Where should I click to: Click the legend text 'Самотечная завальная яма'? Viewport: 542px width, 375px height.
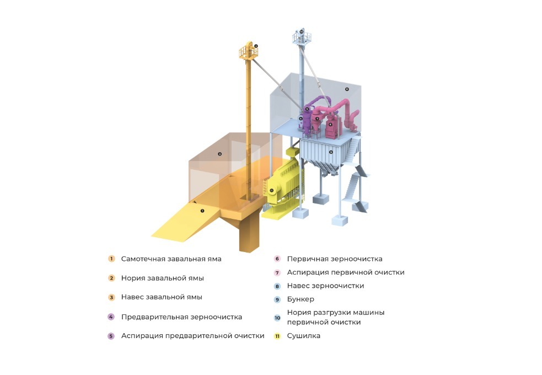click(x=171, y=259)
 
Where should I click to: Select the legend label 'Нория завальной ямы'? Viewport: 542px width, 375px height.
click(x=163, y=278)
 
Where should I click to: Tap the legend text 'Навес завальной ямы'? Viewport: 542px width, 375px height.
click(x=162, y=297)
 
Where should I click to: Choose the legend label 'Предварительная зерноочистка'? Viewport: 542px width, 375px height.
click(x=181, y=317)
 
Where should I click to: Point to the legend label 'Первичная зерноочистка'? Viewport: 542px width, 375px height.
click(x=335, y=259)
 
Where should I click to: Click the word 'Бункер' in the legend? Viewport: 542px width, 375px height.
click(x=300, y=299)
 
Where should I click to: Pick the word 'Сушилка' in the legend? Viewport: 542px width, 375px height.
click(x=303, y=336)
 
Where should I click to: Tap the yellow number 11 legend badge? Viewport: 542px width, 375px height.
click(x=277, y=336)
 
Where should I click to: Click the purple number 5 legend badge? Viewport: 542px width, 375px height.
click(x=111, y=336)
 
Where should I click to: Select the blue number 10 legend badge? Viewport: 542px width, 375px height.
click(x=277, y=318)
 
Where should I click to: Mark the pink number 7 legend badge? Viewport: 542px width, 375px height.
click(x=277, y=272)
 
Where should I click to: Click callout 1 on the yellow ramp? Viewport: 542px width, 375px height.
click(x=202, y=211)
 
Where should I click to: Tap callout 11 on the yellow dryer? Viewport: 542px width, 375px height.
click(x=272, y=190)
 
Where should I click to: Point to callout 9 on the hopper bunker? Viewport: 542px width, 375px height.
click(x=331, y=152)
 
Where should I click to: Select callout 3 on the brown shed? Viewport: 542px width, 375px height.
click(x=219, y=154)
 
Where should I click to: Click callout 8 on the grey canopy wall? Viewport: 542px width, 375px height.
click(x=347, y=89)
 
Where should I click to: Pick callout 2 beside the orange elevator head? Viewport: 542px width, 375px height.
click(x=256, y=46)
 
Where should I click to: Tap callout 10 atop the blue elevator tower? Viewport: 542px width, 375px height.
click(x=302, y=32)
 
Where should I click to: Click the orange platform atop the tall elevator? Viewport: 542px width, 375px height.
click(x=249, y=51)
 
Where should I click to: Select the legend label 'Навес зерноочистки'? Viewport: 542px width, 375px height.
click(x=325, y=286)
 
